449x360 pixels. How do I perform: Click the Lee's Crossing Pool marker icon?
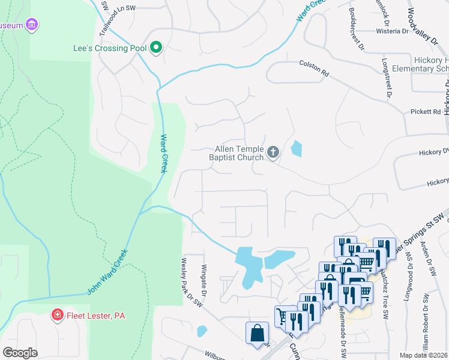(156, 47)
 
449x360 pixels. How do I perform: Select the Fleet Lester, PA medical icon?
(58, 314)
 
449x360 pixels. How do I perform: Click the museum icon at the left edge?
(32, 25)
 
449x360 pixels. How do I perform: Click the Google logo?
(20, 352)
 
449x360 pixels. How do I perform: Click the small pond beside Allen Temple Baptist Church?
(296, 148)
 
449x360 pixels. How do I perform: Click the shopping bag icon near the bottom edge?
(257, 333)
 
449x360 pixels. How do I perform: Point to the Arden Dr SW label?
(430, 258)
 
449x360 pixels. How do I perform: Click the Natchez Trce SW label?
(382, 289)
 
